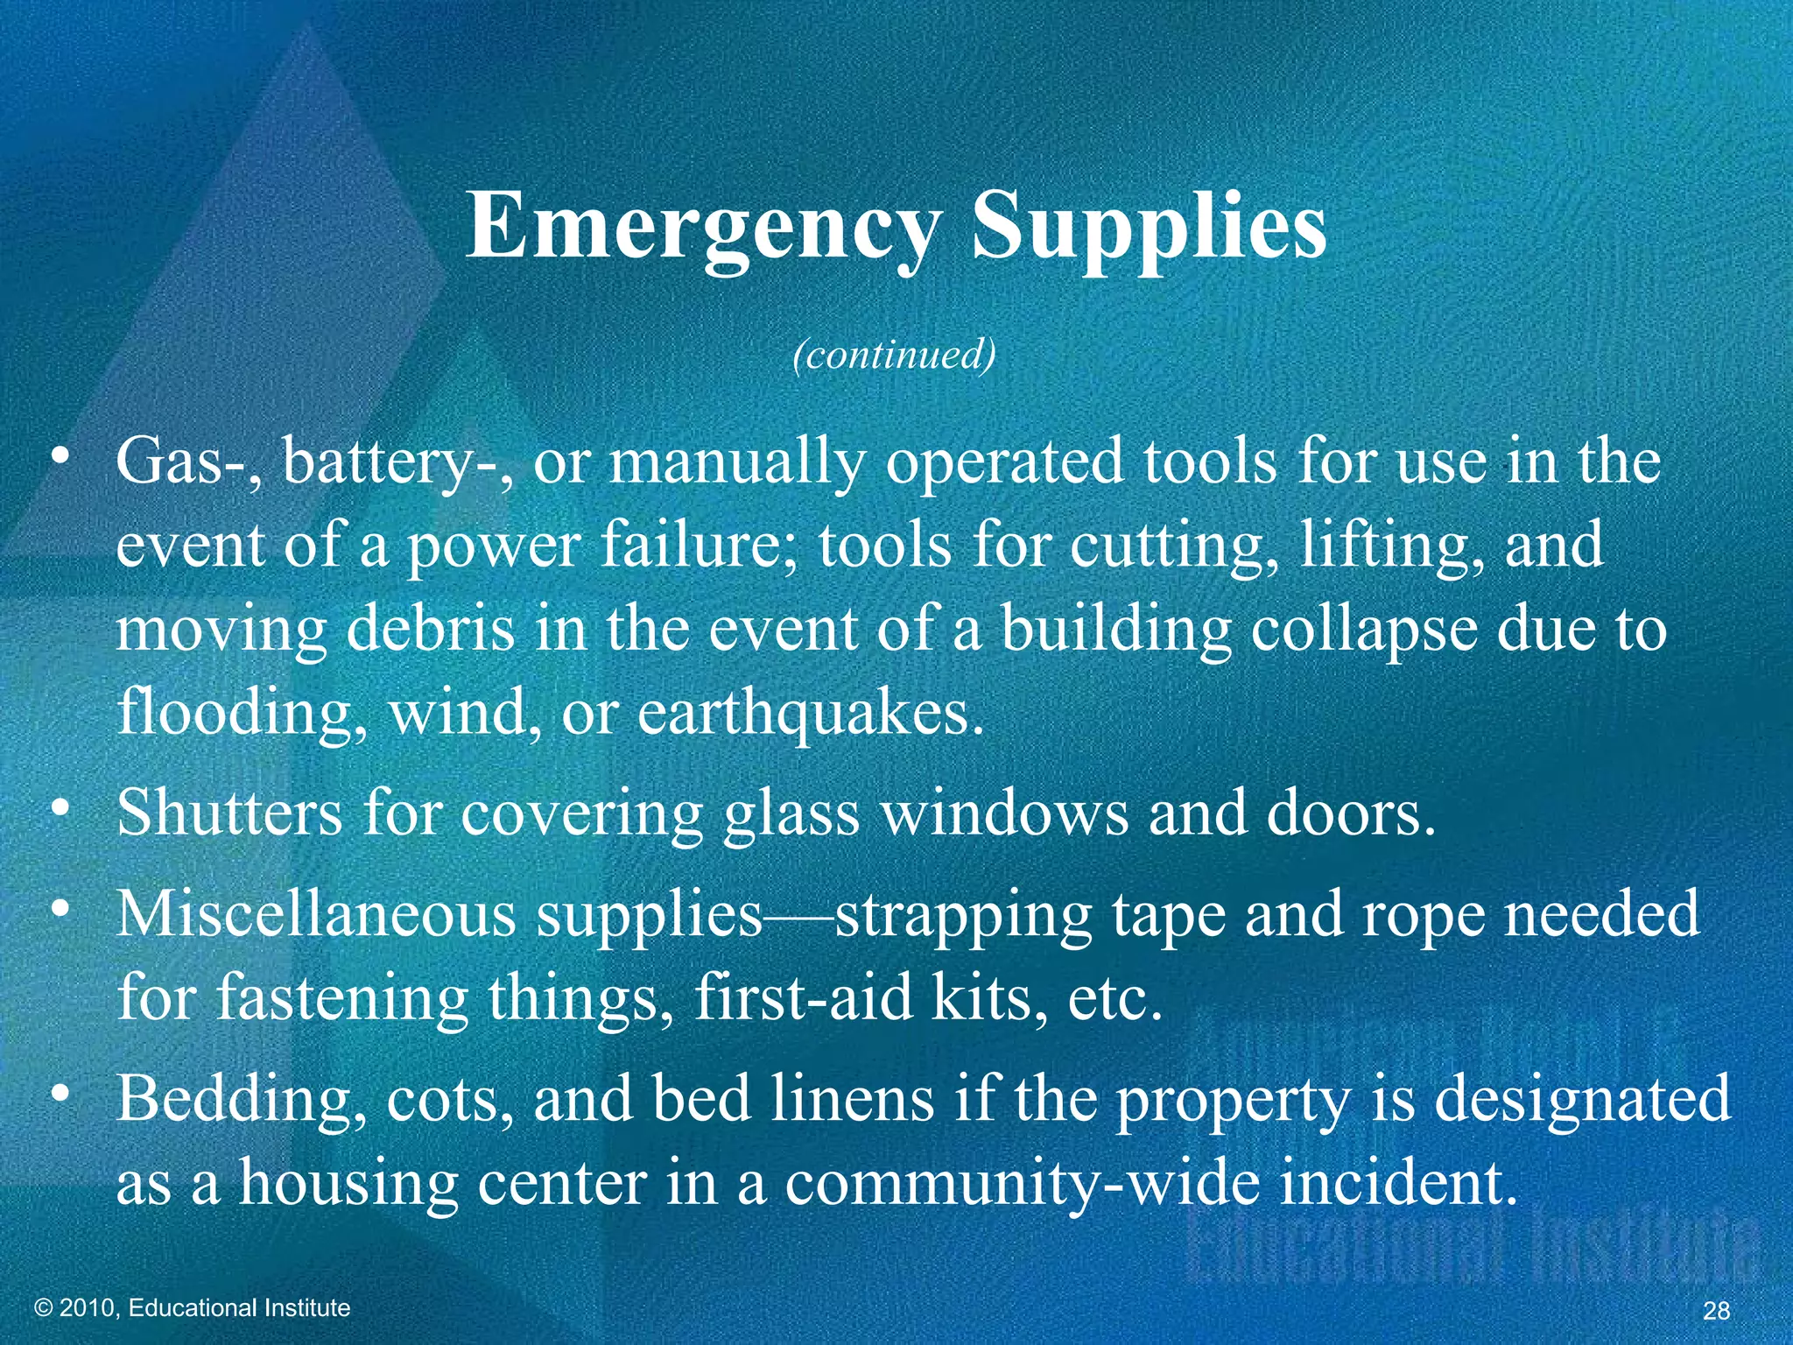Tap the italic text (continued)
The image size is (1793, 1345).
click(x=894, y=355)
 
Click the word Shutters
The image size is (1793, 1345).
click(x=229, y=813)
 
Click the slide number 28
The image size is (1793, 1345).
click(x=1717, y=1310)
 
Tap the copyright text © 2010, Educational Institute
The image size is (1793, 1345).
click(x=192, y=1307)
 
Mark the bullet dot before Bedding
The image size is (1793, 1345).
click(x=59, y=1095)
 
